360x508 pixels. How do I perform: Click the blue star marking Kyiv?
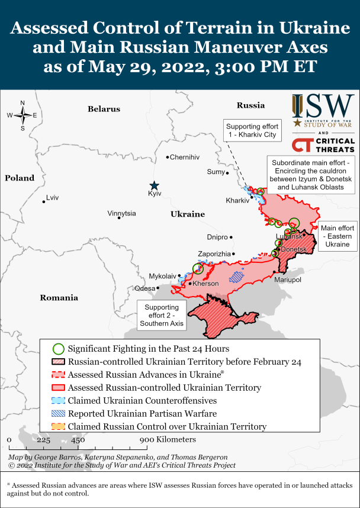(x=154, y=185)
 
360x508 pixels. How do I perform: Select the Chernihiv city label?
(x=185, y=157)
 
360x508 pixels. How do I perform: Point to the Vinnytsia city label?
(x=121, y=213)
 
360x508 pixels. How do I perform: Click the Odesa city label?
(x=145, y=288)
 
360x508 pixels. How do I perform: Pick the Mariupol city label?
(x=288, y=279)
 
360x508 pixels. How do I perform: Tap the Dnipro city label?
(x=218, y=237)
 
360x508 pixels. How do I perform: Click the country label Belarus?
(x=104, y=109)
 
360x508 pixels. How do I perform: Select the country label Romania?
(x=59, y=298)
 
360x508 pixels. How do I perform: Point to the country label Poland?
(x=20, y=178)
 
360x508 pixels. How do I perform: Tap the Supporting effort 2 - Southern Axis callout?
(x=161, y=316)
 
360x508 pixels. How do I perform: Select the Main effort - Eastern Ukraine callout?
(x=337, y=236)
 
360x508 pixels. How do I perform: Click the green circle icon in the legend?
(x=58, y=349)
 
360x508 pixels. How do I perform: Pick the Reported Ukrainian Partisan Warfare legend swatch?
(x=58, y=414)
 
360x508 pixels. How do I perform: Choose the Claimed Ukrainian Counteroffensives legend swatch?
(x=58, y=401)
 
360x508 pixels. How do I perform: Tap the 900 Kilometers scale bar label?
(x=168, y=440)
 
